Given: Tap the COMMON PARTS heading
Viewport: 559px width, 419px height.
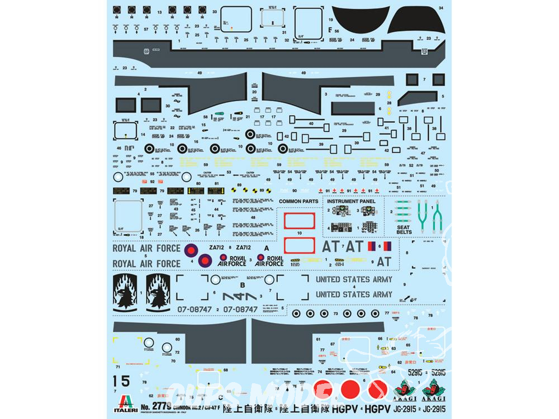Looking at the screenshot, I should [299, 201].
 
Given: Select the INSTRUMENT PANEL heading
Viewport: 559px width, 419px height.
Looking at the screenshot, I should [351, 201].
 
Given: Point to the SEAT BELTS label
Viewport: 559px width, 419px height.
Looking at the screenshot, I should [404, 230].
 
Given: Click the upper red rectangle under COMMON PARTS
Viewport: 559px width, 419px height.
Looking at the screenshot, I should [300, 221].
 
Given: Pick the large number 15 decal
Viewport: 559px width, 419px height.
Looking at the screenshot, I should [121, 381].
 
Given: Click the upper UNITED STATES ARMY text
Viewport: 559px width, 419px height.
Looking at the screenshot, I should [354, 279].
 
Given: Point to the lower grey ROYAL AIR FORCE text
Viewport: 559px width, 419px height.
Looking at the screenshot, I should [146, 263].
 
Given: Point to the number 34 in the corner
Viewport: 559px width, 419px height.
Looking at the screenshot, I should [440, 8].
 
